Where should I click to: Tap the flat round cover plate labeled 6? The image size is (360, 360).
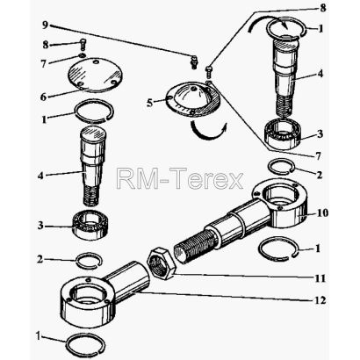click(x=96, y=75)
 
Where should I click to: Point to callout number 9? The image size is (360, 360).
click(x=45, y=25)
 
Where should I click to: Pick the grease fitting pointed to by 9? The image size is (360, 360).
click(x=193, y=62)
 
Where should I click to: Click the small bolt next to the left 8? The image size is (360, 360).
click(x=83, y=45)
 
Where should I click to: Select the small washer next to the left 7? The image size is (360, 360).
click(x=83, y=55)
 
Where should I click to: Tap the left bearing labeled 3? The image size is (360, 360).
click(x=90, y=225)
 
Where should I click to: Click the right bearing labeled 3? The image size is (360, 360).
click(x=284, y=133)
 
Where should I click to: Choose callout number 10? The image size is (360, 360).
click(x=322, y=212)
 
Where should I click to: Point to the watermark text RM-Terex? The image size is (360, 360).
click(x=180, y=178)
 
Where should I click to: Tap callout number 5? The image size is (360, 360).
click(x=150, y=103)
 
